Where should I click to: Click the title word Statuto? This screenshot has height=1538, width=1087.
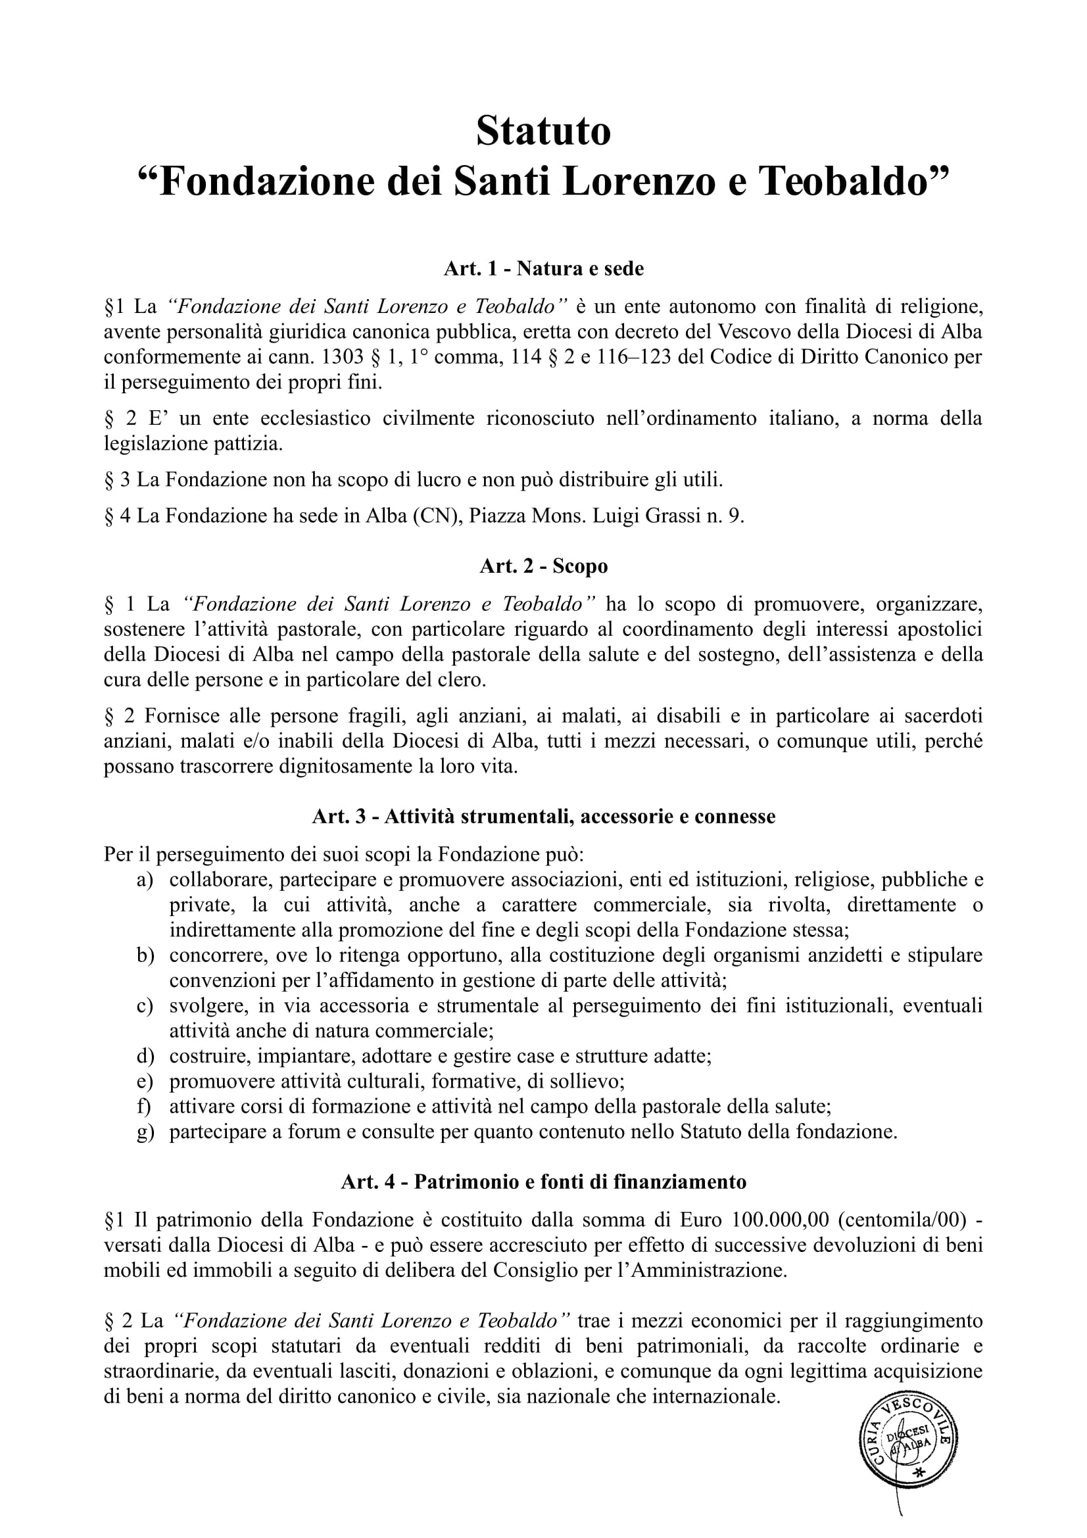tap(543, 132)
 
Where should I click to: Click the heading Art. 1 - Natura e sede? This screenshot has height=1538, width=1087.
tap(543, 270)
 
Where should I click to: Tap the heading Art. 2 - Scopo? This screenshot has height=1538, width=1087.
tap(543, 567)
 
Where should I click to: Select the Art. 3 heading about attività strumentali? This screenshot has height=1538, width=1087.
tap(543, 817)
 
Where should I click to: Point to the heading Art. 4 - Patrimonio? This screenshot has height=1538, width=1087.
tap(543, 1182)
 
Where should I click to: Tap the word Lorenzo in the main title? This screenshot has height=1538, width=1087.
tap(644, 182)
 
